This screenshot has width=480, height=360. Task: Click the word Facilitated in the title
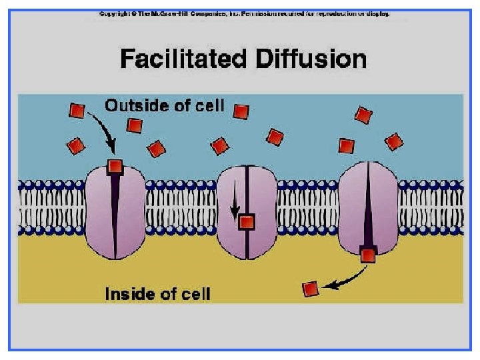[x=181, y=59]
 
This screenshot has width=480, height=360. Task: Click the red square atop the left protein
[x=115, y=167]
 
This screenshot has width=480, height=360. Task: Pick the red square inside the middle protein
[x=247, y=222]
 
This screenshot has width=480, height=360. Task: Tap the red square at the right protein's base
[x=367, y=253]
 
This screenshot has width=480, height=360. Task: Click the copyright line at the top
[x=244, y=13]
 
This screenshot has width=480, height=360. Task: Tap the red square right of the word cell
[x=241, y=111]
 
